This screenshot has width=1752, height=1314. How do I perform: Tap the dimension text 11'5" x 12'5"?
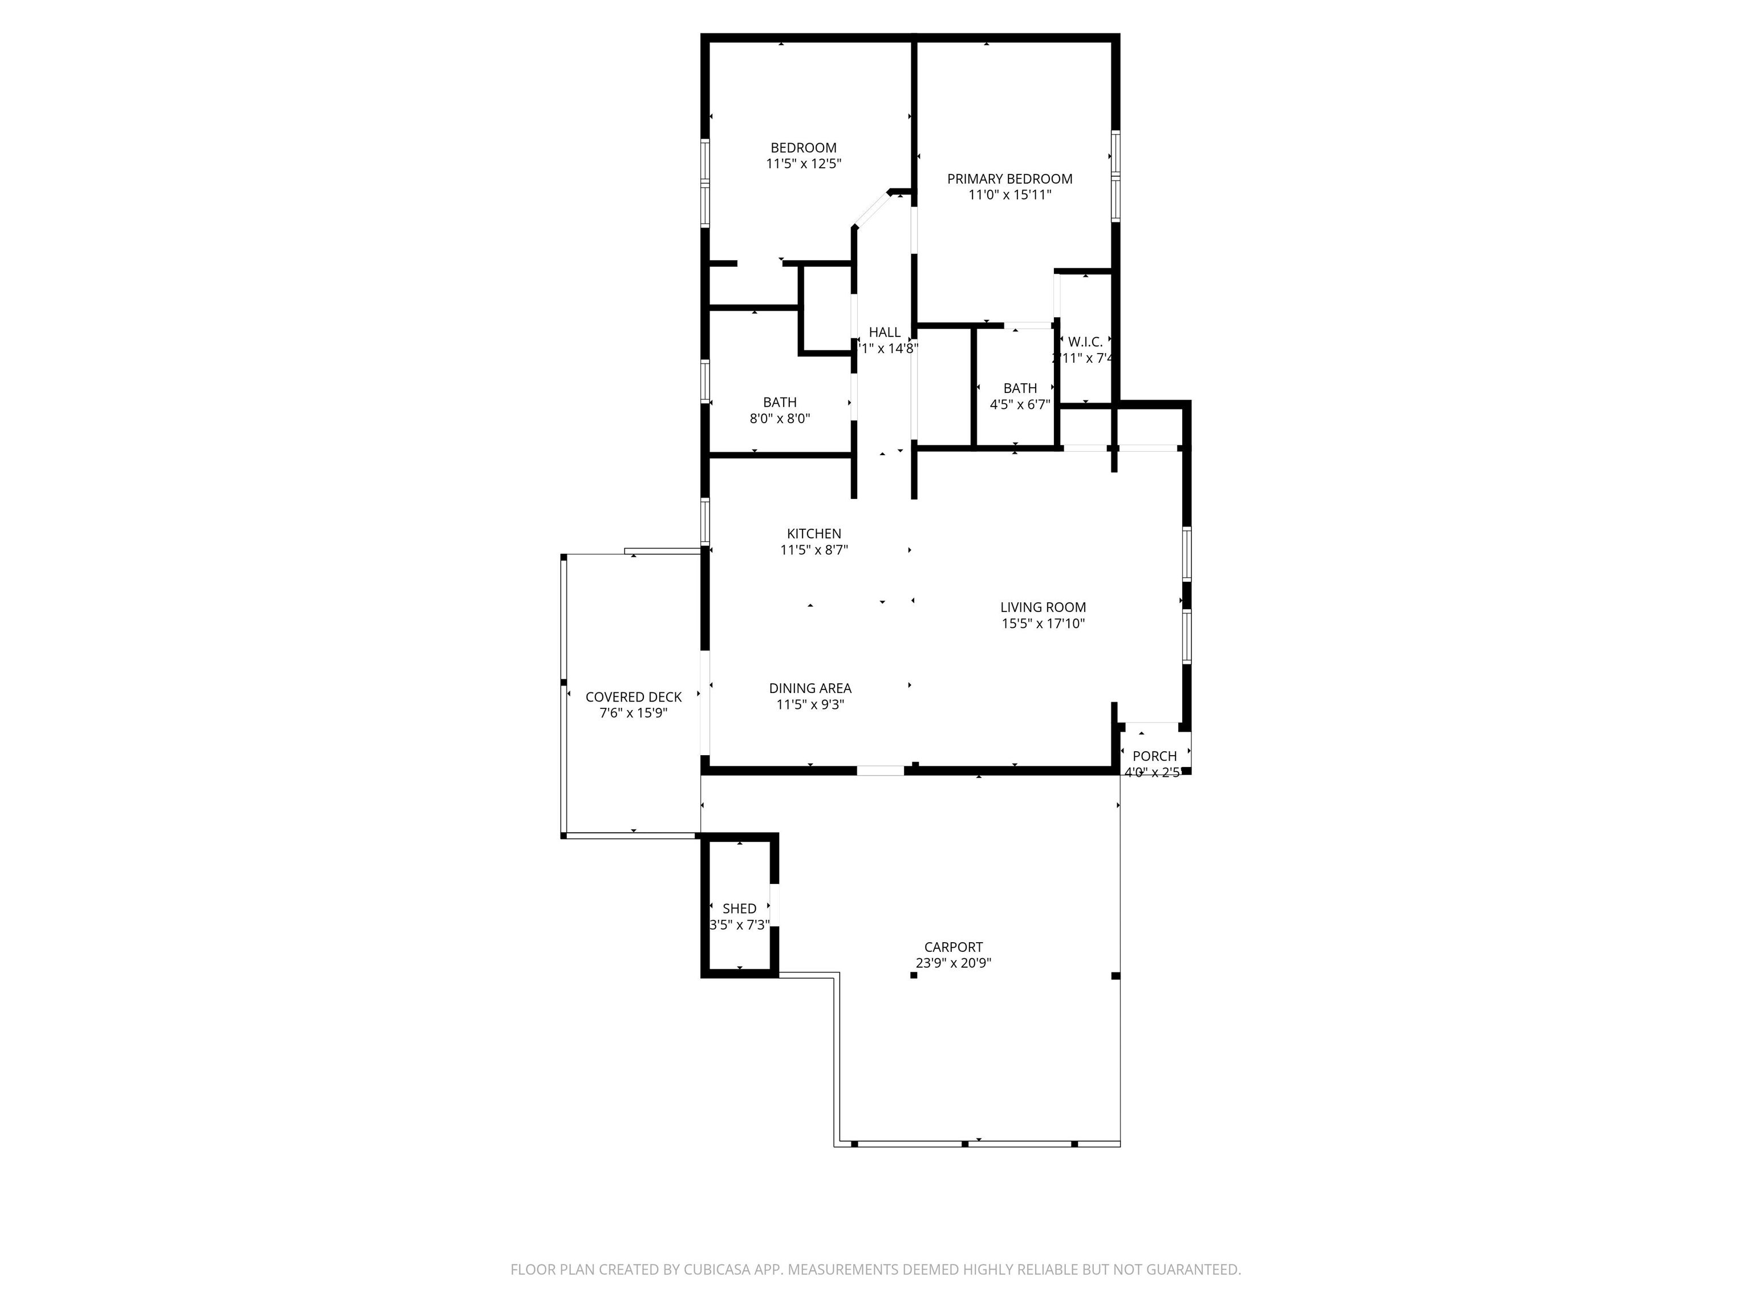[803, 164]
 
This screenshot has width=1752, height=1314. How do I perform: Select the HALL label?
[884, 332]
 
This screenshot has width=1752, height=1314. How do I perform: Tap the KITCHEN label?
[813, 534]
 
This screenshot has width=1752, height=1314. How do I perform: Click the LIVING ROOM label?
[1043, 607]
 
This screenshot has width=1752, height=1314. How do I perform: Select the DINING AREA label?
[809, 688]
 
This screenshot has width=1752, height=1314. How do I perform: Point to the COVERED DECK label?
[633, 697]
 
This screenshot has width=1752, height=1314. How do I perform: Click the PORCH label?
[1154, 756]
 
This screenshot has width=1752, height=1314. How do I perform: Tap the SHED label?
[739, 909]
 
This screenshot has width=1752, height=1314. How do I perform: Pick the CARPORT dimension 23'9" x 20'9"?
[954, 963]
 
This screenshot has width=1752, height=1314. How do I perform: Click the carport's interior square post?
[913, 975]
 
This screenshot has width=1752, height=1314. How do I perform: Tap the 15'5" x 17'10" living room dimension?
[1043, 624]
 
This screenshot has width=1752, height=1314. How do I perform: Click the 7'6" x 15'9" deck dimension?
[633, 713]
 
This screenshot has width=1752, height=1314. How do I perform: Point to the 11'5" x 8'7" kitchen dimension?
[813, 550]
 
